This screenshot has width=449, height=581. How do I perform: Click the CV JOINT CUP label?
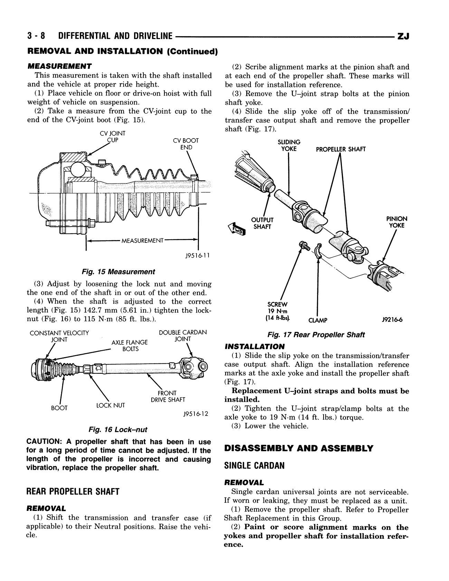[x=113, y=137]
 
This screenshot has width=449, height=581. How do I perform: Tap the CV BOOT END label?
[x=186, y=144]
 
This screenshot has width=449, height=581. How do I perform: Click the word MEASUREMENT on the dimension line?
[x=142, y=241]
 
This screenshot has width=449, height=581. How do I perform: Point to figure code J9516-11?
[x=197, y=256]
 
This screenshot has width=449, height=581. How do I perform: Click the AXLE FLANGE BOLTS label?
[x=130, y=345]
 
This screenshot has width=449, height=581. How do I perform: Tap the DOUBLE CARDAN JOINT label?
[x=183, y=336]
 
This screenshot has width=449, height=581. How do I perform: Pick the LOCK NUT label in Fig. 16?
[x=111, y=405]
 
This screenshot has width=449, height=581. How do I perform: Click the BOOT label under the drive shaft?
[x=59, y=408]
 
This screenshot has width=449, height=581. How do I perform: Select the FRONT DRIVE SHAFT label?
[x=168, y=396]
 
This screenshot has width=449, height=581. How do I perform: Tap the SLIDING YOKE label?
[x=289, y=145]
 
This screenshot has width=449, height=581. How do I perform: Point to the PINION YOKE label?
[x=397, y=222]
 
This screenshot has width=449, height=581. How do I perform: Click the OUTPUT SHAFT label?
[x=262, y=223]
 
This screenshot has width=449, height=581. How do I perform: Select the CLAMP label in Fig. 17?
[x=318, y=320]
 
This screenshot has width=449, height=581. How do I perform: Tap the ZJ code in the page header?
[x=403, y=36]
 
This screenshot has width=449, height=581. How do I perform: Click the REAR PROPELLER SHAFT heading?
[x=73, y=492]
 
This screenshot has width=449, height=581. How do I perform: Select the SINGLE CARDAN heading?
[x=255, y=466]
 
